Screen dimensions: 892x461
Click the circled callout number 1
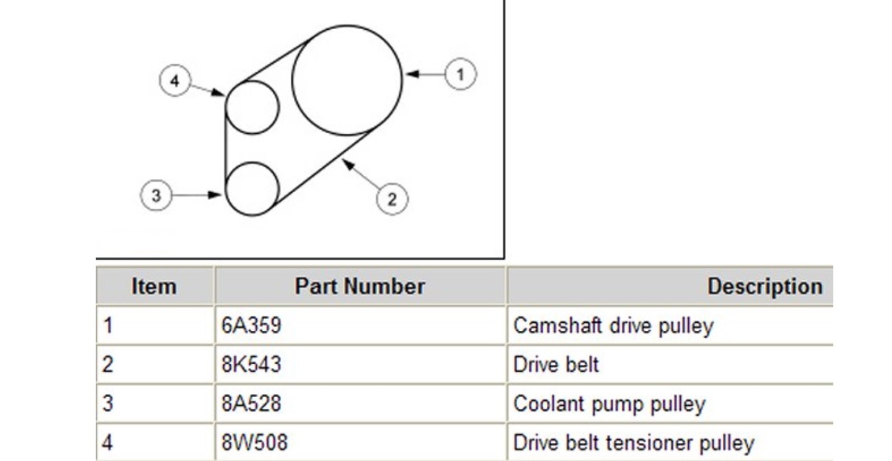coord(460,75)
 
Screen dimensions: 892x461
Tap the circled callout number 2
coord(391,199)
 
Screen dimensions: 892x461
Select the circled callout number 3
coord(156,196)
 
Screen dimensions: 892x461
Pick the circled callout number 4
coord(175,81)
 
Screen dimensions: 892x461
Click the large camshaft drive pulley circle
coord(347,80)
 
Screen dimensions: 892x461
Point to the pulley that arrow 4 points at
coord(252,108)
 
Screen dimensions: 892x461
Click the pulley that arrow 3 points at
coord(252,189)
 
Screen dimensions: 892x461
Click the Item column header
coord(154,286)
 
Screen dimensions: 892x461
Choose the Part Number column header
coord(360,286)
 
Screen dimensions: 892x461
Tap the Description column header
coord(765,286)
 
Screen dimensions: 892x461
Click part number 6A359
coord(251,326)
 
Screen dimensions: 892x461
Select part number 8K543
coord(251,364)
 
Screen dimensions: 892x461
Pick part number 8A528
coord(251,403)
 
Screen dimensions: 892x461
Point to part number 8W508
coord(254,442)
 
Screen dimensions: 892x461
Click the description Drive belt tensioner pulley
coord(633,443)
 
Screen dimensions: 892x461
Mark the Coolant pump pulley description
coord(609,404)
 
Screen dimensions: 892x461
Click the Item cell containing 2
coord(108,365)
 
